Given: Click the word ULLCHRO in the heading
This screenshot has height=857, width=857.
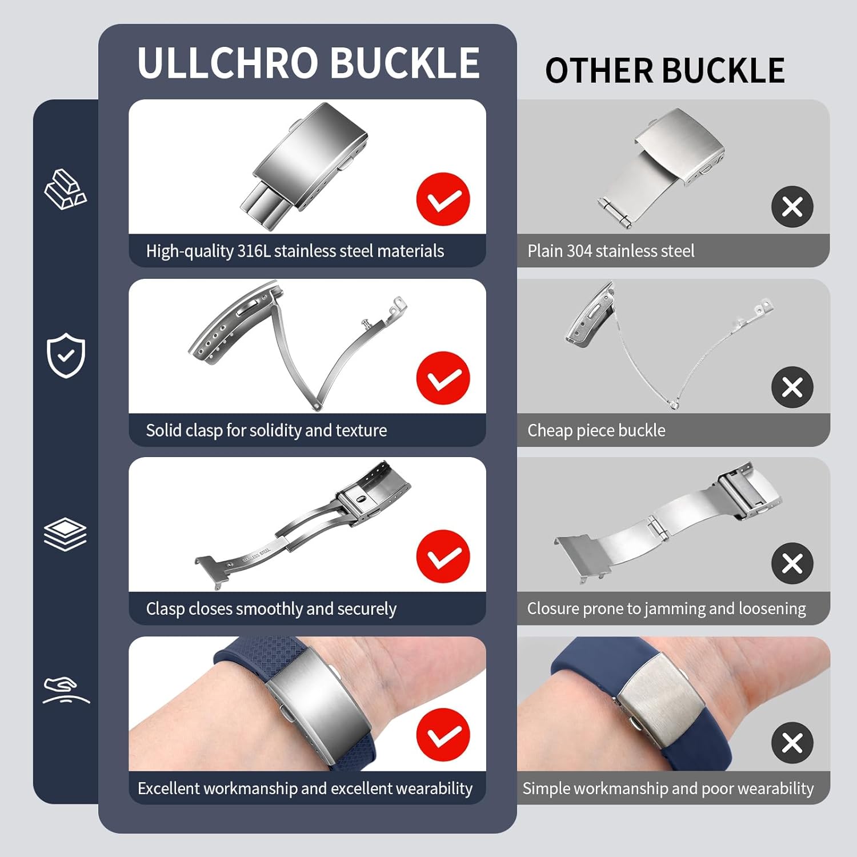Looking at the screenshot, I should (227, 63).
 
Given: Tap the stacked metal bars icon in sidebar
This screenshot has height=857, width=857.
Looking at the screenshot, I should (65, 189).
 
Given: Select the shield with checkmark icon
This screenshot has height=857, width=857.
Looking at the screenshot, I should (66, 355).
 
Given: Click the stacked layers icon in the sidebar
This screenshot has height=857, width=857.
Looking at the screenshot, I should (65, 534).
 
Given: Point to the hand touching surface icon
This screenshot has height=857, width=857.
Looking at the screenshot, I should (65, 690).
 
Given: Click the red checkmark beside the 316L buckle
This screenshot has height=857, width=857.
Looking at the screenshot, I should (443, 199).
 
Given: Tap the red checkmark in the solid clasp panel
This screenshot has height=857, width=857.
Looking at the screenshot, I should (443, 378).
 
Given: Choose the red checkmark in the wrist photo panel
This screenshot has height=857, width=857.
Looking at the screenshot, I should (443, 735).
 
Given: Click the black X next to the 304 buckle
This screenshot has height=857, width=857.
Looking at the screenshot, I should (792, 207).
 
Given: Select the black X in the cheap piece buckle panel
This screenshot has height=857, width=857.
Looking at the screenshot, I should (792, 387).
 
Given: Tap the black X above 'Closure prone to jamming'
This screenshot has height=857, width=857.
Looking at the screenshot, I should (792, 563).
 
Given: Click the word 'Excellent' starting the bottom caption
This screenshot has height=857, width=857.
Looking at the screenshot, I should (169, 788).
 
